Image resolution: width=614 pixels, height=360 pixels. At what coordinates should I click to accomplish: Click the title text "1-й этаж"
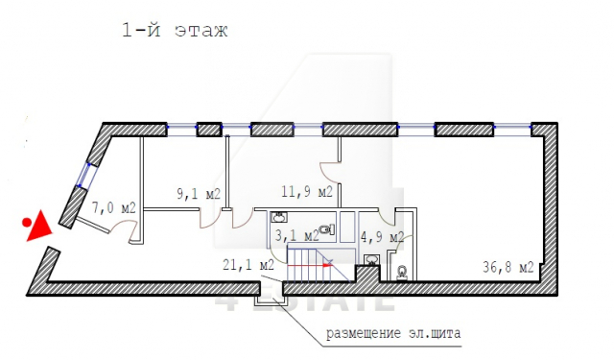[x=175, y=30]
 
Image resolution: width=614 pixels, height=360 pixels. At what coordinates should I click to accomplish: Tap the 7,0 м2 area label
[x=113, y=207]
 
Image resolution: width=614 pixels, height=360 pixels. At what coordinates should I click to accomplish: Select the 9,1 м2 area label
[x=199, y=194]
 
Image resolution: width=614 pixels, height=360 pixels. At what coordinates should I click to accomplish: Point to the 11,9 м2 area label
[x=307, y=192]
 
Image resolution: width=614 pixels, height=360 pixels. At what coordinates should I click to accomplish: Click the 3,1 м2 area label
[x=296, y=236]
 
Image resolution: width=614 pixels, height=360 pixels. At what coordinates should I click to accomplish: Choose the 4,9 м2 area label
[x=382, y=237]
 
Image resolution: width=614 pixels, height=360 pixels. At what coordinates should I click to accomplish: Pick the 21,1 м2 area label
[x=248, y=265]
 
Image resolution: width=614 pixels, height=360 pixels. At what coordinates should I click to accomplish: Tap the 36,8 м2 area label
[x=508, y=267]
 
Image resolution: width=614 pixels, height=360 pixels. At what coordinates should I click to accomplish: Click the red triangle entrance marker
[x=38, y=227]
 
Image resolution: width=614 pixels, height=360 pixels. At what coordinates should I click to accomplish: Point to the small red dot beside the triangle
[x=27, y=223]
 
